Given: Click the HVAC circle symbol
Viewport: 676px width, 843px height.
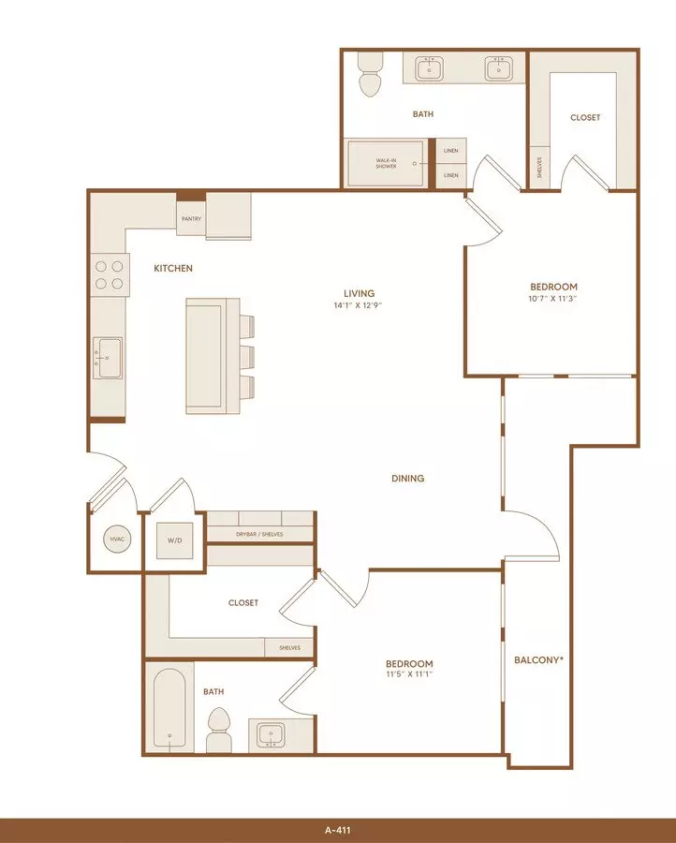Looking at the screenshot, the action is [117, 540].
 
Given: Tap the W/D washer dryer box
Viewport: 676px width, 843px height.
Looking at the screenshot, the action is [175, 540].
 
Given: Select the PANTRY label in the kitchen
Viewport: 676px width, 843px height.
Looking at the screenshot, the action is [191, 219].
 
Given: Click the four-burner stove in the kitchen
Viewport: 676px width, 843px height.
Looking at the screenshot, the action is [110, 274].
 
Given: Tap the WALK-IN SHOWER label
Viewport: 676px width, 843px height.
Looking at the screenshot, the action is [386, 163].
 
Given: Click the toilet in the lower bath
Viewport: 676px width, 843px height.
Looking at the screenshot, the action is [219, 730].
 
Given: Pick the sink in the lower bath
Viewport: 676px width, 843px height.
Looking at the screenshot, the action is [271, 735].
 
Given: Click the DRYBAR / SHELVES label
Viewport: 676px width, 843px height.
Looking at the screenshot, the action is [259, 535].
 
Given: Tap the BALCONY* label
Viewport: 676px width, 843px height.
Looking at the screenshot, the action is [539, 659].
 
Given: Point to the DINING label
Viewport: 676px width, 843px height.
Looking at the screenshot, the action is [408, 478].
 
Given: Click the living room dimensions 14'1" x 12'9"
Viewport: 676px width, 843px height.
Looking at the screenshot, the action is [359, 305].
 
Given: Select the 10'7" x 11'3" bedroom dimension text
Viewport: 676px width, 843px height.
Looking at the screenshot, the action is [553, 299].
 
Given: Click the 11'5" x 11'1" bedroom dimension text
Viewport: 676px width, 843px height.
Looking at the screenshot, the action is [409, 674].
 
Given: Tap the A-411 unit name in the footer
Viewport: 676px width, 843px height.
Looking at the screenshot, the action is [337, 831].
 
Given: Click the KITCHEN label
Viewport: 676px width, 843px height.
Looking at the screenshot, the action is [173, 268].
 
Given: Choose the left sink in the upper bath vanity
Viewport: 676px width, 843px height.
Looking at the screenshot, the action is [430, 68].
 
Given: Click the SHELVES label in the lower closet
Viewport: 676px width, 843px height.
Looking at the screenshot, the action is [289, 648].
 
